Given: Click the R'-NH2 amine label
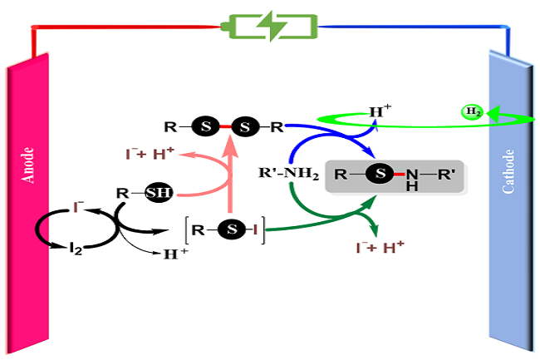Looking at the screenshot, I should click(286, 174).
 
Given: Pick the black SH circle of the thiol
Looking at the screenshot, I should click(159, 193).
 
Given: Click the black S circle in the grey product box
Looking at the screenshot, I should click(380, 175).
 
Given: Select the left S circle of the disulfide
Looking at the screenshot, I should click(205, 127).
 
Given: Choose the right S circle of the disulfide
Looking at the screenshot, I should click(244, 127).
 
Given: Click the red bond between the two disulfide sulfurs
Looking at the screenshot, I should click(225, 127).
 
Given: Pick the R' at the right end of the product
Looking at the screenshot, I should click(445, 175).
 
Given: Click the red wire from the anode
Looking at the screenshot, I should click(125, 27).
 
